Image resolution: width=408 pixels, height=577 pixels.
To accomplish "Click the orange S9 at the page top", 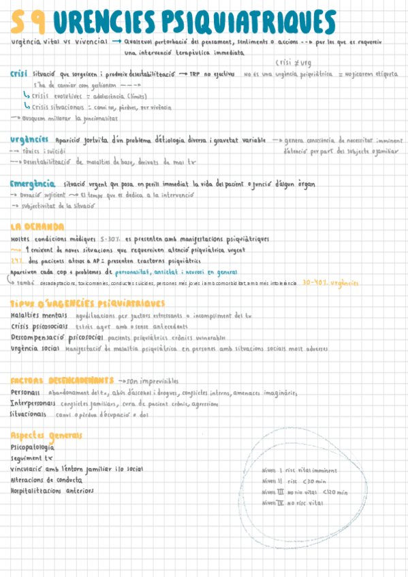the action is [28, 23].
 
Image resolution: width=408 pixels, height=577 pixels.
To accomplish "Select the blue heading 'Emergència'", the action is [32, 183].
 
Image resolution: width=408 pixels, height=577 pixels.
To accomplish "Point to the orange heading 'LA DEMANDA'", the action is [37, 227].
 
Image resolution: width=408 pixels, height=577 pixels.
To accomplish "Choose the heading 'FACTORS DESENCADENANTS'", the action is [62, 380].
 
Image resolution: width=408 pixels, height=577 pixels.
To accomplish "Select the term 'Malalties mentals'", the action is [39, 316].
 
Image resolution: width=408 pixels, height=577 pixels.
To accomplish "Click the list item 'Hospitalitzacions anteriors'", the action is [52, 490].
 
